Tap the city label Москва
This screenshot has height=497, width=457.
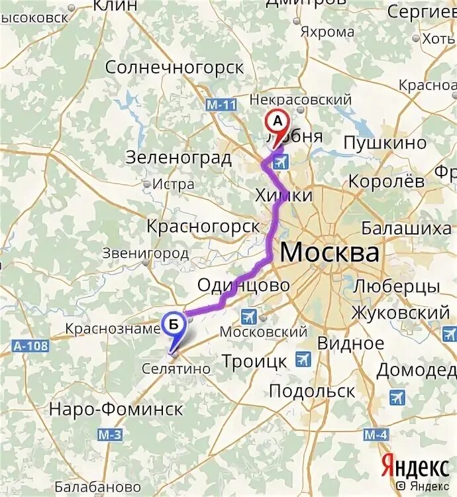point(330,252)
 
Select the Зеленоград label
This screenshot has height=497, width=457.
point(178,158)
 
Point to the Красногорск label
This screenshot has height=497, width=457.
point(204,226)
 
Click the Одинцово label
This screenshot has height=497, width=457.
point(244,285)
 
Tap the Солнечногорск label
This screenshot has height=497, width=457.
point(174,68)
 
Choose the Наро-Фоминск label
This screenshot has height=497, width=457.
point(116,409)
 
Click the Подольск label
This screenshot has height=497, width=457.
point(312,390)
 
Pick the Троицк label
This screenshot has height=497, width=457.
point(254,361)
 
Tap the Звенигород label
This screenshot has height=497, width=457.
point(146,252)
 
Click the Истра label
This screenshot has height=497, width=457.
point(174,184)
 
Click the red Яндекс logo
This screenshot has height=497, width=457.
point(414,467)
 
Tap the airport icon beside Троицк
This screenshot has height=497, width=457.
point(303,359)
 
